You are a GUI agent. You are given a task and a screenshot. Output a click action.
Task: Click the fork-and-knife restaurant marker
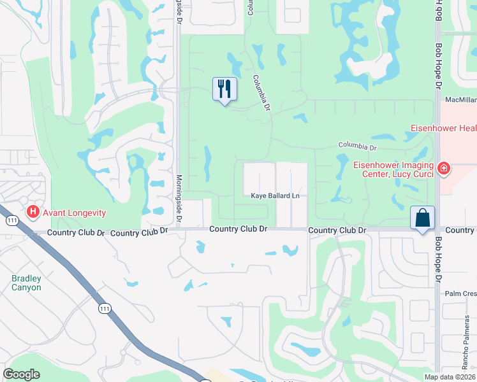(224, 88)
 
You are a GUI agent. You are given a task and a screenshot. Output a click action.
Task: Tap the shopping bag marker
(422, 218)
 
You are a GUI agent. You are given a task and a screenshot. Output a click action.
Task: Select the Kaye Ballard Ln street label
(275, 196)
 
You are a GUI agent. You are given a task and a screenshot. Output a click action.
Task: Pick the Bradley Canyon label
(26, 283)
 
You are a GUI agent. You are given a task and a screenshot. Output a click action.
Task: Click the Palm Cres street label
(461, 294)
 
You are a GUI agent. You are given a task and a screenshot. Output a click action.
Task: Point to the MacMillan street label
(460, 100)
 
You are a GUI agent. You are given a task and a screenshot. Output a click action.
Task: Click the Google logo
(21, 374)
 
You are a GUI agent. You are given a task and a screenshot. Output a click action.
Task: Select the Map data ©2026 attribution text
(450, 377)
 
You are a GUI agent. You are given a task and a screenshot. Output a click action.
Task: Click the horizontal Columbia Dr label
(358, 146)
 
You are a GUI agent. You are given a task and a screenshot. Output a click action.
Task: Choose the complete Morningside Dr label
(179, 199)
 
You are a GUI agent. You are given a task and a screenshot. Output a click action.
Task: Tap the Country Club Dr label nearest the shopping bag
(337, 230)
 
